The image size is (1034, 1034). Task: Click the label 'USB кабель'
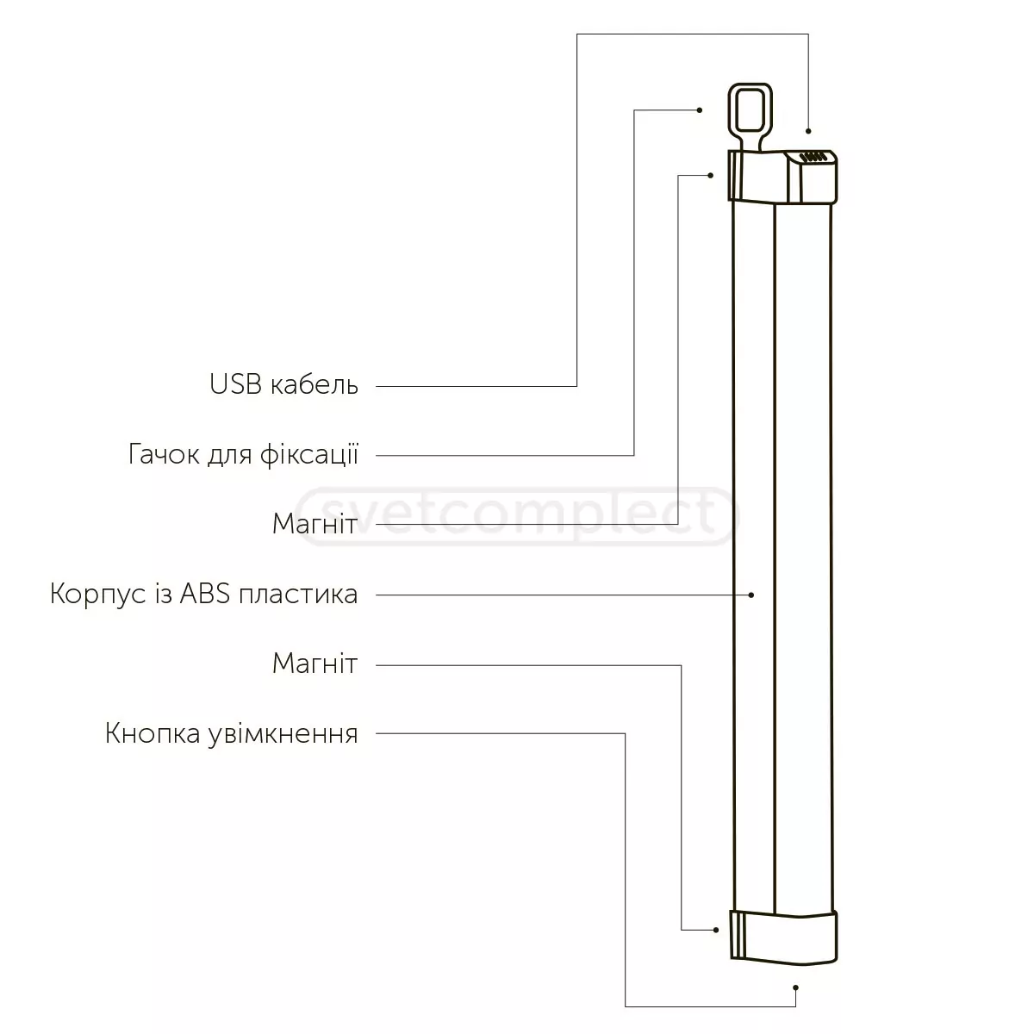pos(283,384)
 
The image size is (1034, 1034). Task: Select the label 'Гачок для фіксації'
pos(243,454)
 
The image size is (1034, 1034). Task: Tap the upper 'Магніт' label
pos(315,524)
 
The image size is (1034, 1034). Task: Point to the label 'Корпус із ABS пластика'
pos(204,594)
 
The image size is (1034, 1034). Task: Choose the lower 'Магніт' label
pos(315,663)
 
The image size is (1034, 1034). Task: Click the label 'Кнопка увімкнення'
pos(231,733)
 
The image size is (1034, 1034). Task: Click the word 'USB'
pos(235,384)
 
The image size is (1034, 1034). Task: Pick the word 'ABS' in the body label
pos(205,594)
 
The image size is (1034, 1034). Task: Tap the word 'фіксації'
pos(309,454)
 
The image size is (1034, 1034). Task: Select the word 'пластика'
pos(298,595)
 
